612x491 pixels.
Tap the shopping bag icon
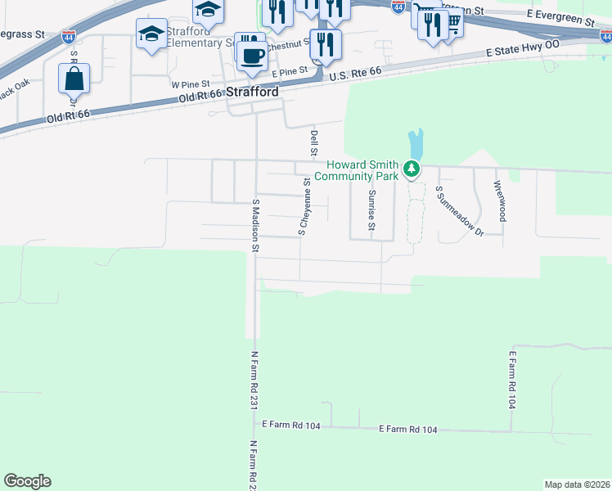pyautogui.click(x=74, y=80)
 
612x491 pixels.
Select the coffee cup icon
pyautogui.click(x=252, y=55)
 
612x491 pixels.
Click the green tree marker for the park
pyautogui.click(x=412, y=170)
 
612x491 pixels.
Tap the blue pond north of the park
pyautogui.click(x=416, y=145)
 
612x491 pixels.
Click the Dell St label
pyautogui.click(x=313, y=142)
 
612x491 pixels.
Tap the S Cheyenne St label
pyautogui.click(x=304, y=207)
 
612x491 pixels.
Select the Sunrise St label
pyautogui.click(x=371, y=209)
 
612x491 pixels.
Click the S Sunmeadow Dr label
pyautogui.click(x=459, y=211)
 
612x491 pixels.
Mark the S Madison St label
pyautogui.click(x=255, y=224)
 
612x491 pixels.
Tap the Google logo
pyautogui.click(x=27, y=481)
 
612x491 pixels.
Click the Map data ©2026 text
pyautogui.click(x=577, y=484)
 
